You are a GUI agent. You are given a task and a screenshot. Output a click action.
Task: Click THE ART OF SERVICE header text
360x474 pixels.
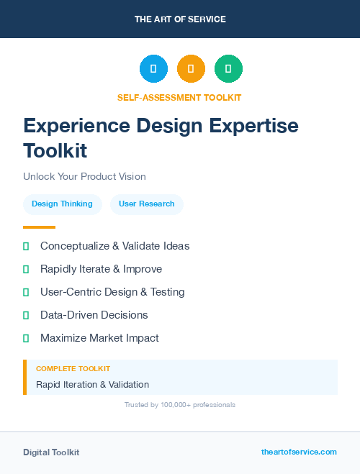(180, 19)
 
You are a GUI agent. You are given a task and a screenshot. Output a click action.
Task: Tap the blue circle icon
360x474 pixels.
(153, 69)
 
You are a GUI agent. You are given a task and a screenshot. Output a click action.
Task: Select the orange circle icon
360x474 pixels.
(191, 69)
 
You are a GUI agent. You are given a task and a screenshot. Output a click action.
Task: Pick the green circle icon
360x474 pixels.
(228, 69)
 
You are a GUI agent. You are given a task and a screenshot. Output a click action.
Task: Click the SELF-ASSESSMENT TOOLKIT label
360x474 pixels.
(179, 98)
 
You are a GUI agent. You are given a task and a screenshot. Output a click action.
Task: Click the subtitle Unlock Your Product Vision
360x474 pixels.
(84, 176)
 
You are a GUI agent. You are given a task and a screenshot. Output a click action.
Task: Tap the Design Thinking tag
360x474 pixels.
(62, 204)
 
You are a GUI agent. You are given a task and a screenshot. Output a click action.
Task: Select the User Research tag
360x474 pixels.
(147, 204)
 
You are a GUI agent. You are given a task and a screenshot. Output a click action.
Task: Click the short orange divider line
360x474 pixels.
(39, 227)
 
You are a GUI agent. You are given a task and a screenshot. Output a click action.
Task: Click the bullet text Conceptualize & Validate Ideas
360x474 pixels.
(115, 246)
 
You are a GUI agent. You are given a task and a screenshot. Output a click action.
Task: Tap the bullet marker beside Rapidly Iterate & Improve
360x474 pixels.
(26, 269)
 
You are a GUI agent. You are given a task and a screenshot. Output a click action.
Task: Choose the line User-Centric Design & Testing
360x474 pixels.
(112, 292)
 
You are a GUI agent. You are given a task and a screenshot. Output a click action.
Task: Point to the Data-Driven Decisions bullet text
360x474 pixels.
(94, 315)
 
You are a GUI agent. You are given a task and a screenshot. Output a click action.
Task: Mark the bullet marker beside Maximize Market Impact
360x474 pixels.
(26, 338)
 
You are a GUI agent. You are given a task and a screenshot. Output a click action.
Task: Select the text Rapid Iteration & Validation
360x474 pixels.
(92, 385)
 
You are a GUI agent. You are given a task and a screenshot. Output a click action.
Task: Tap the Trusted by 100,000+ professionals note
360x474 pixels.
(180, 405)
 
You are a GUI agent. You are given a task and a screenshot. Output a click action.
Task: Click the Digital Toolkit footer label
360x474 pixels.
(51, 452)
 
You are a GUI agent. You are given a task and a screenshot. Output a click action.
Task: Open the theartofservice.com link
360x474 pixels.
(299, 452)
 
